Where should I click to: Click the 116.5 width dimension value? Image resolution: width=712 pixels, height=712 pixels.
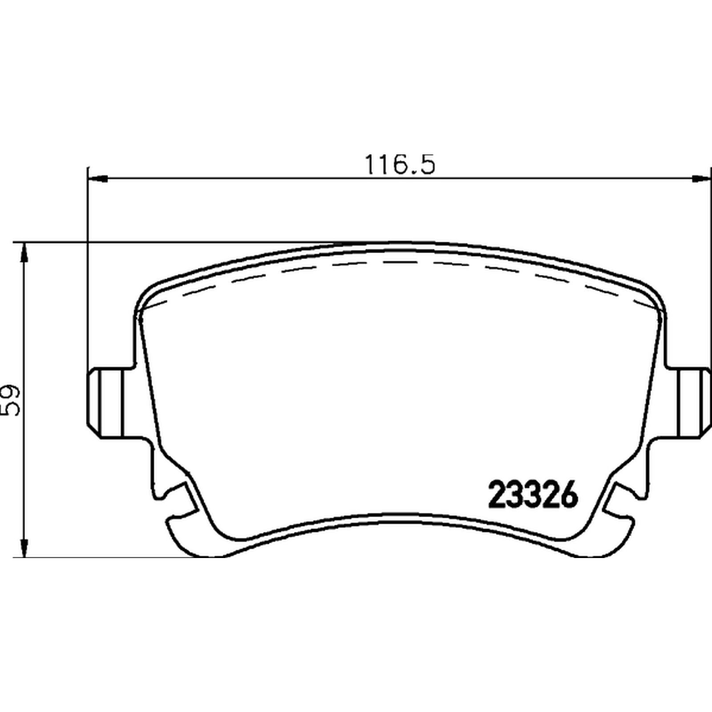(400, 165)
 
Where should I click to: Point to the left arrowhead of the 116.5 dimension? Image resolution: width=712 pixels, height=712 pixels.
(98, 179)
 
